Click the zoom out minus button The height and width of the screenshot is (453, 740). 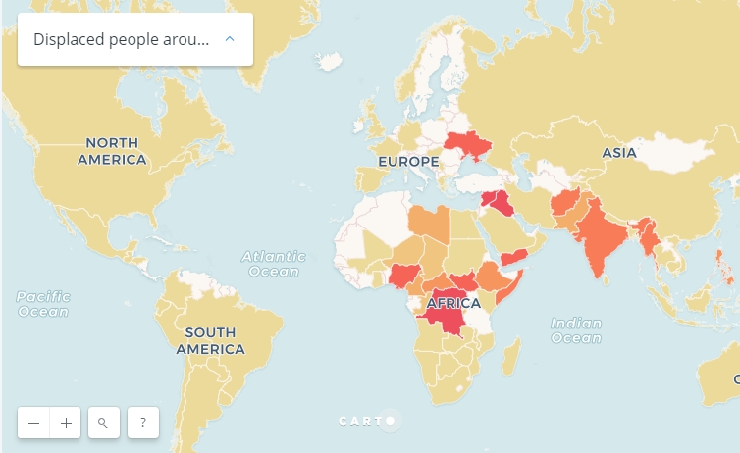[34, 423]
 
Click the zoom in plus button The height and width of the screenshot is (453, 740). [66, 423]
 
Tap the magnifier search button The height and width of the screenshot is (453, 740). [103, 423]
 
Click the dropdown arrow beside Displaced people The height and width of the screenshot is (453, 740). [230, 39]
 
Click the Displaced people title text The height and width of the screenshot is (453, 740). [121, 39]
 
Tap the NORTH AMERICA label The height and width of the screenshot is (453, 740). [112, 151]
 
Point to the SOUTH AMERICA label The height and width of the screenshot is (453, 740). [210, 340]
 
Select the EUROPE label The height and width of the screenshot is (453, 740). [408, 161]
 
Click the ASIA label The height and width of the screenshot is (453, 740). [619, 153]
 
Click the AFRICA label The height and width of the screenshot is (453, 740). [453, 303]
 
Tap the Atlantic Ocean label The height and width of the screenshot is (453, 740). [274, 264]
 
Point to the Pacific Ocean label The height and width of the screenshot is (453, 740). [42, 303]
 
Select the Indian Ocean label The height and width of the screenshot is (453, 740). [575, 330]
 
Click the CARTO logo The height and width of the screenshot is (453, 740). [366, 421]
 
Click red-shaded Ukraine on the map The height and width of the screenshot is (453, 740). [467, 145]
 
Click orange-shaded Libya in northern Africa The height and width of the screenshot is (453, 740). [430, 224]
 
